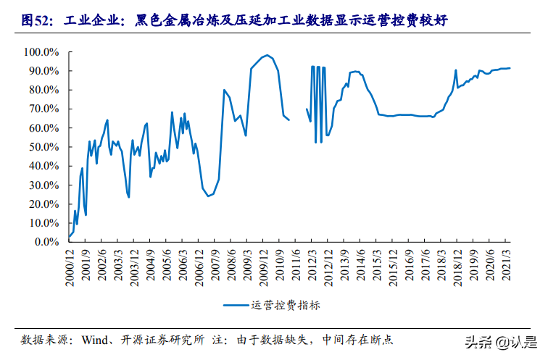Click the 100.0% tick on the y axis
[x=42, y=52]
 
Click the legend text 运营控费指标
[x=286, y=306]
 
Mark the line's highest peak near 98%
[x=267, y=55]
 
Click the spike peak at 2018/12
[x=455, y=70]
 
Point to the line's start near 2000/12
[x=69, y=237]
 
